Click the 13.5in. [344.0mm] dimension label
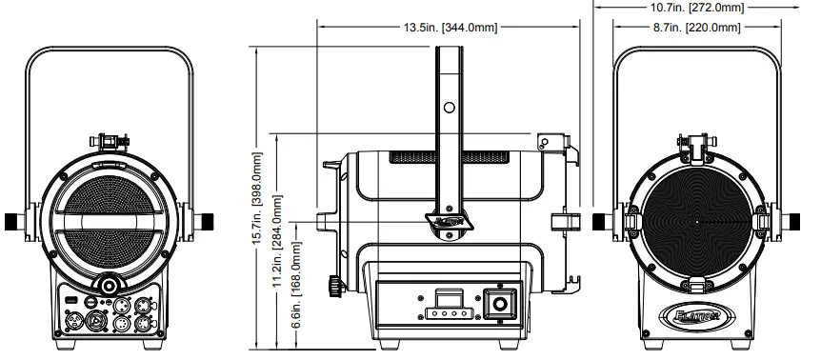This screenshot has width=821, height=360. pos(447,28)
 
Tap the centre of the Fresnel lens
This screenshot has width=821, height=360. pos(698,221)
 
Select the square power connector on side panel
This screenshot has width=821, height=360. pos(498,306)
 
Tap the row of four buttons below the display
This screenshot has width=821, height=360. pos(447,311)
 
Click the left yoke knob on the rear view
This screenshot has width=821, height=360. pos(13,221)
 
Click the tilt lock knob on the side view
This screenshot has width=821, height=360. pos(333,285)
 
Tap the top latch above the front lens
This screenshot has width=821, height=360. pos(698,145)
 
